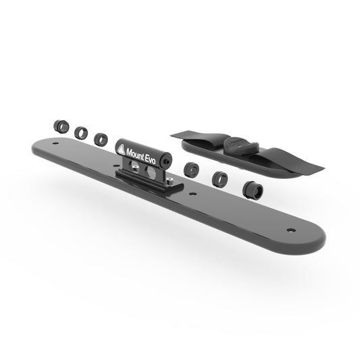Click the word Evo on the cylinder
[x=151, y=159]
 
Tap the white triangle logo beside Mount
[x=121, y=149]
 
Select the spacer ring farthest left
[x=61, y=126]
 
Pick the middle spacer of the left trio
[x=81, y=132]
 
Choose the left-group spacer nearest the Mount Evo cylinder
[x=101, y=139]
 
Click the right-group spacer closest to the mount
[x=191, y=170]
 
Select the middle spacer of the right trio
[x=220, y=178]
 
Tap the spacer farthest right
[x=253, y=190]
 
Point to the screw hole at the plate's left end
[x=55, y=143]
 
